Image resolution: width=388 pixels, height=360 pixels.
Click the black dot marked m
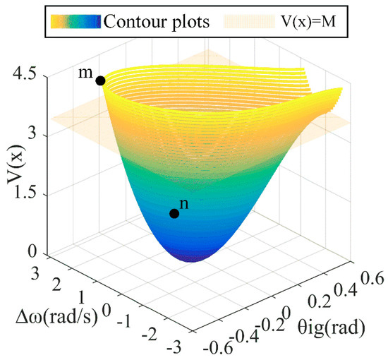100,80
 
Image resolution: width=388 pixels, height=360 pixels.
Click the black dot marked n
174,214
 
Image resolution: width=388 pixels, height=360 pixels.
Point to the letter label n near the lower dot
184,203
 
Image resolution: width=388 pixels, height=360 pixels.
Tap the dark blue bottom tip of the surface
194,258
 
